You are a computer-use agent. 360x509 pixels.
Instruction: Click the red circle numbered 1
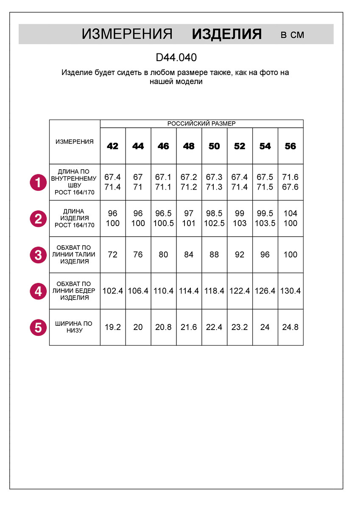[x=38, y=183]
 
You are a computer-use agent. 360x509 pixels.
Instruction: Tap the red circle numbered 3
[x=38, y=255]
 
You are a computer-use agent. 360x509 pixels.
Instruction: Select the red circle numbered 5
[x=38, y=327]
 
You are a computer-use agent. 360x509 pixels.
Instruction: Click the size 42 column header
[x=113, y=146]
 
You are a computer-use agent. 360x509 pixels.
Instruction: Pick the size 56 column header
[x=290, y=146]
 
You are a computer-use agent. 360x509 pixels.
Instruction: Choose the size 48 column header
[x=189, y=146]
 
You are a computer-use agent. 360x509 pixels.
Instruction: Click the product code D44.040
[x=176, y=57]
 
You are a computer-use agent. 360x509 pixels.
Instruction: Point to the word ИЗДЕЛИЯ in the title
[x=227, y=34]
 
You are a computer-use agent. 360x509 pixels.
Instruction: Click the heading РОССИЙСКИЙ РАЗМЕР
[x=201, y=123]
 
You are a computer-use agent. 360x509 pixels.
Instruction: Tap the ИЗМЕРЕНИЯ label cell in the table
[x=75, y=142]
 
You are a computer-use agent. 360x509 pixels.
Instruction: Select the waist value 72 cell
[x=113, y=255]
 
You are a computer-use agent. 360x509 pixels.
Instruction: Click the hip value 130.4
[x=290, y=291]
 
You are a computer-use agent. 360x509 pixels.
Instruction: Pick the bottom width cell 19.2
[x=113, y=327]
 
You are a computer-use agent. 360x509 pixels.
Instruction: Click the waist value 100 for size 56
[x=290, y=255]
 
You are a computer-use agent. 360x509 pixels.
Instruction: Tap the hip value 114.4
[x=189, y=291]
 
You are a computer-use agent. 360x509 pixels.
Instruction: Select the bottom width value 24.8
[x=290, y=327]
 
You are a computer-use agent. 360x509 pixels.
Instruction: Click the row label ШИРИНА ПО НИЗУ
[x=75, y=327]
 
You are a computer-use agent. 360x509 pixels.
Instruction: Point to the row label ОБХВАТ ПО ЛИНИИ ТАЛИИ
[x=75, y=255]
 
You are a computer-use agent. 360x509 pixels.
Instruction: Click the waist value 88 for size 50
[x=214, y=255]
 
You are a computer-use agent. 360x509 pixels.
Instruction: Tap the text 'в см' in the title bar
[x=292, y=35]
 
